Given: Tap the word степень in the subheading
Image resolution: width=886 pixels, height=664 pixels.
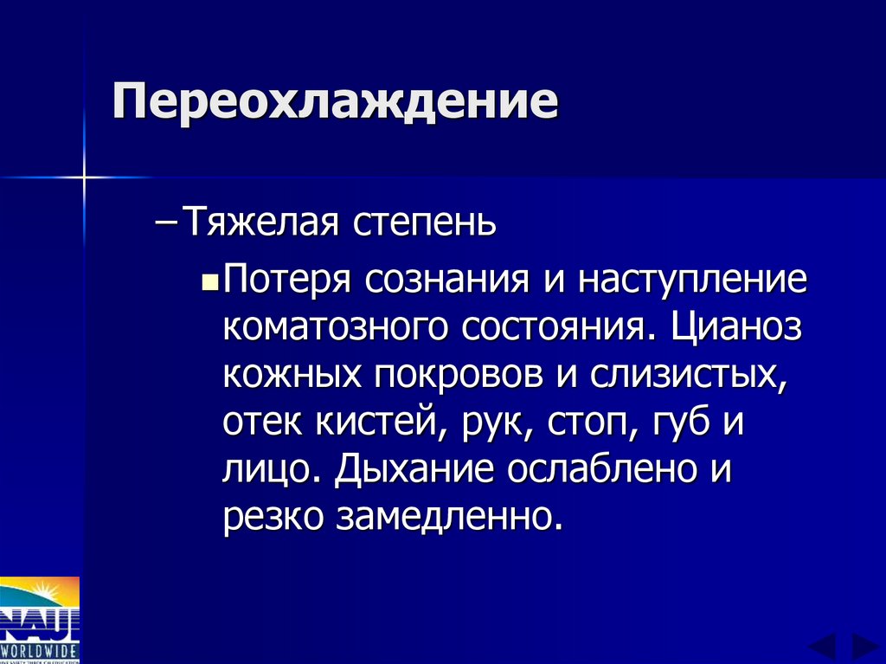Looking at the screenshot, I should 424,222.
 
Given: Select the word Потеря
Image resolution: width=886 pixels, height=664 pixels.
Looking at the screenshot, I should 286,280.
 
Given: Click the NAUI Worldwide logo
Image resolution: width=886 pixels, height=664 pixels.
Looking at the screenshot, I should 40,618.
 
